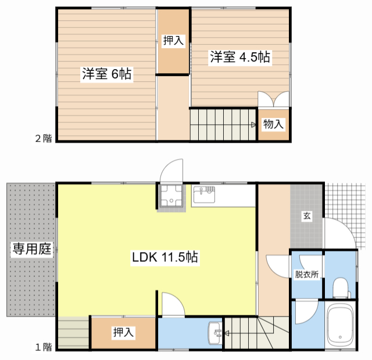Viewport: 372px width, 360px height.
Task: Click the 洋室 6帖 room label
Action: (x=106, y=74)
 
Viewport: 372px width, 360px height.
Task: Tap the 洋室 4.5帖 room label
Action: (x=240, y=57)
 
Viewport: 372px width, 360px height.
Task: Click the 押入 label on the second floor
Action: (x=173, y=41)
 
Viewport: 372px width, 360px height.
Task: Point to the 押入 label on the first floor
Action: (x=123, y=333)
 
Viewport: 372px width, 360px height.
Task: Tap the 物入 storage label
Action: (x=274, y=124)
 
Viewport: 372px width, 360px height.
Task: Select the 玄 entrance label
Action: (x=306, y=217)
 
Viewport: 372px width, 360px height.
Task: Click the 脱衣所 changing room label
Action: (x=306, y=275)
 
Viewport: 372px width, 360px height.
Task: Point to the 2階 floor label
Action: (x=43, y=138)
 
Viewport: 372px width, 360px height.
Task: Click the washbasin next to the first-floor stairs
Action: (x=214, y=333)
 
